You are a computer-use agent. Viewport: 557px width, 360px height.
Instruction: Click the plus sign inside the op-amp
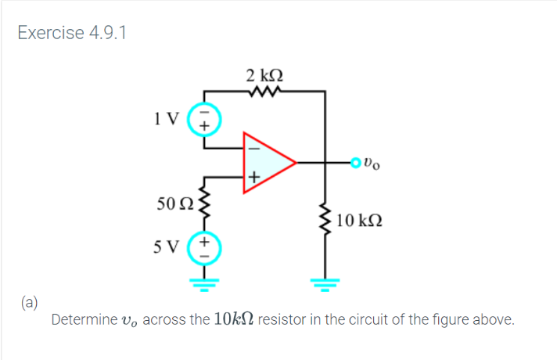[x=252, y=178]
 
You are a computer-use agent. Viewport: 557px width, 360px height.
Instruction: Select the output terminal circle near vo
[x=357, y=164]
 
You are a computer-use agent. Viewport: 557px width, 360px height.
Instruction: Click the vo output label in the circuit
[x=375, y=164]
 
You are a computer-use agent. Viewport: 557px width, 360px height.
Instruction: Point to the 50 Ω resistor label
[x=174, y=205]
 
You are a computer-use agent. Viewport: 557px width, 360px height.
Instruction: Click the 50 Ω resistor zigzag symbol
[x=206, y=207]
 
